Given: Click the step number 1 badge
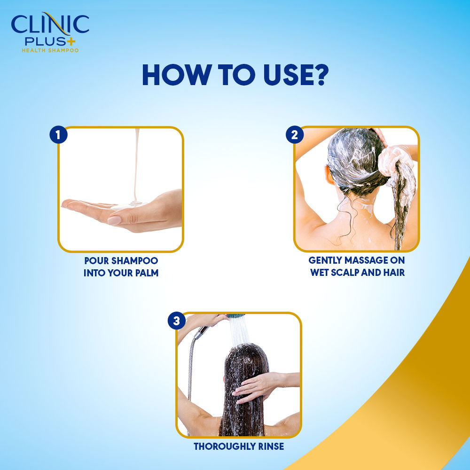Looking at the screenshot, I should coord(58,135).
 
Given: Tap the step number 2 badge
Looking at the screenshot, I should coord(295,135).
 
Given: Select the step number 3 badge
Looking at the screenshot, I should coord(177,321).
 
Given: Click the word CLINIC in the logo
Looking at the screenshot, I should coord(50,24).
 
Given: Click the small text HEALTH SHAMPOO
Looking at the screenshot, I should coord(50,50).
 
